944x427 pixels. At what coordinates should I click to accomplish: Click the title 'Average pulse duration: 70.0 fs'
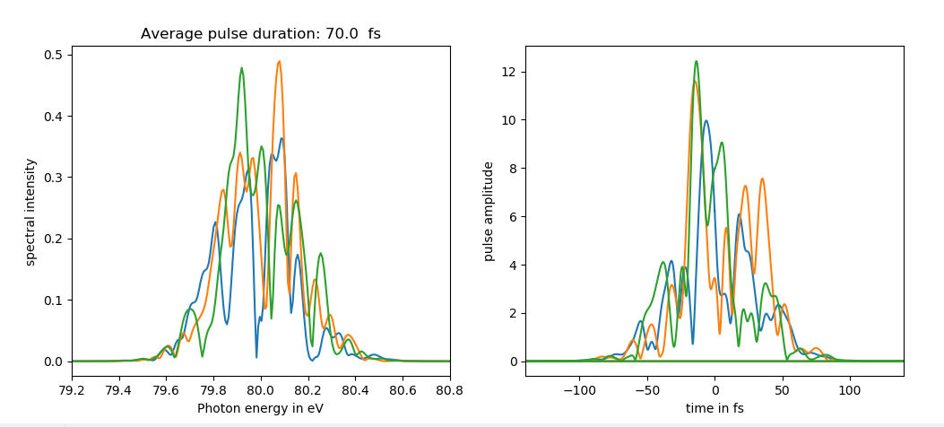click(260, 34)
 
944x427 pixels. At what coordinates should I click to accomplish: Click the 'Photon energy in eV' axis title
click(261, 408)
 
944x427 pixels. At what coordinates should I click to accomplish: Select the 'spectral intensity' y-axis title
click(30, 212)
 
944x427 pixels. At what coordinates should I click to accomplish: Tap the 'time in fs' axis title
click(714, 408)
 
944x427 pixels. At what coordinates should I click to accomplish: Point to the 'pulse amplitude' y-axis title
click(489, 212)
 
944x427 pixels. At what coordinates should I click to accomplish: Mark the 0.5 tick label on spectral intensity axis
click(54, 56)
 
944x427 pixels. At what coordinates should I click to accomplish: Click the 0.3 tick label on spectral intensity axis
click(54, 178)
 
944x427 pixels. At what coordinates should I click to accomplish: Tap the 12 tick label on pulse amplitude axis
click(507, 72)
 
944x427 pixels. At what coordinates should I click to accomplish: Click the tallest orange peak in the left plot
click(279, 62)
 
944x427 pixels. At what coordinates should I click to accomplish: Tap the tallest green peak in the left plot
click(241, 68)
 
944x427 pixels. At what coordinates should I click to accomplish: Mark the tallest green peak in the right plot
click(696, 62)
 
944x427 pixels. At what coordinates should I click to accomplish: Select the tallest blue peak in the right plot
click(706, 121)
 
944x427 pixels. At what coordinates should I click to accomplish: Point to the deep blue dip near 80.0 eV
click(256, 357)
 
